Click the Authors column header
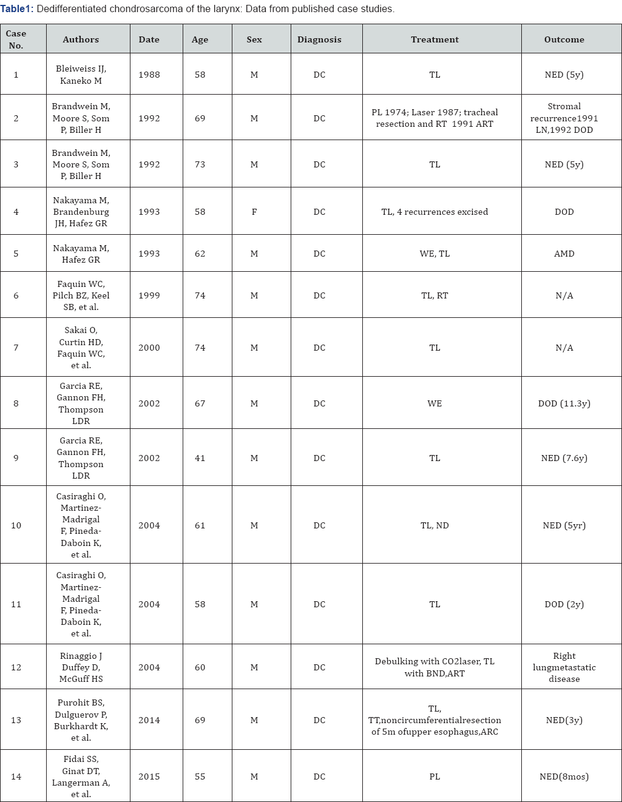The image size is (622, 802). pos(81,39)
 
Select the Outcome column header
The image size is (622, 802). pos(564,39)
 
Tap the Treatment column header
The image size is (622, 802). pos(434,39)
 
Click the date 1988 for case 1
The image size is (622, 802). pos(149,75)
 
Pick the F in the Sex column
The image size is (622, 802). pos(254,212)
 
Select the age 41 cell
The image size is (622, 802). pos(200,458)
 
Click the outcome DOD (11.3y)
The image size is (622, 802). pos(564,403)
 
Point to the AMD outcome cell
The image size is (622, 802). pos(564,254)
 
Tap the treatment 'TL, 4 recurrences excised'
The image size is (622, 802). pos(434,212)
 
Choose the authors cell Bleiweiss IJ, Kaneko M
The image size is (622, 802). pos(81,75)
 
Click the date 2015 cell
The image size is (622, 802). pos(149,777)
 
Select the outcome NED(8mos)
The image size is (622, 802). pos(564,777)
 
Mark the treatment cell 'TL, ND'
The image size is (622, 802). pos(434,525)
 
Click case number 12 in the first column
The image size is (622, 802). pos(16,667)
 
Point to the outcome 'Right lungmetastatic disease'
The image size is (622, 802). pos(564,667)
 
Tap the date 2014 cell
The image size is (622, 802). pos(149,720)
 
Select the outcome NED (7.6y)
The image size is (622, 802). pos(564,458)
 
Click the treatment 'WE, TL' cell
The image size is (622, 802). pos(434,254)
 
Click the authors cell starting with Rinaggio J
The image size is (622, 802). pos(81,667)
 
